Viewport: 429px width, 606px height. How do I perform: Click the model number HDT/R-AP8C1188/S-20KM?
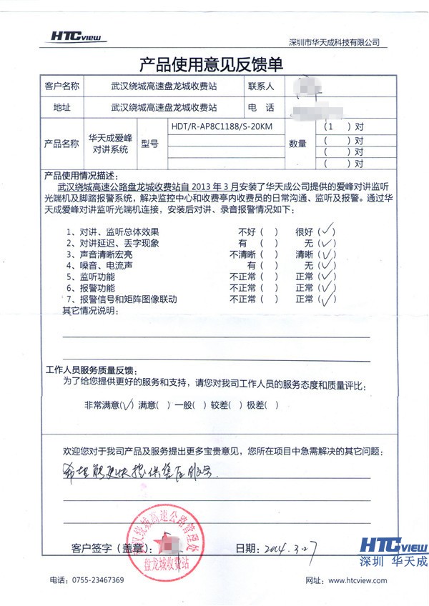[x=222, y=126]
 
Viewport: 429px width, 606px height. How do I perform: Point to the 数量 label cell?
[x=297, y=144]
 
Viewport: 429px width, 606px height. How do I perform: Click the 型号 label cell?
[x=150, y=144]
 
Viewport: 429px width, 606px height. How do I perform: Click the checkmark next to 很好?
[x=327, y=231]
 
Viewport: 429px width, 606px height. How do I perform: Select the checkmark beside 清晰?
[x=327, y=254]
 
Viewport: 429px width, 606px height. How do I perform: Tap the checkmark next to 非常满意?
[x=127, y=405]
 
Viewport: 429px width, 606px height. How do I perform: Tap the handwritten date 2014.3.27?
[x=289, y=549]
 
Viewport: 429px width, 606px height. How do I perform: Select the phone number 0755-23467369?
[x=96, y=580]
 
